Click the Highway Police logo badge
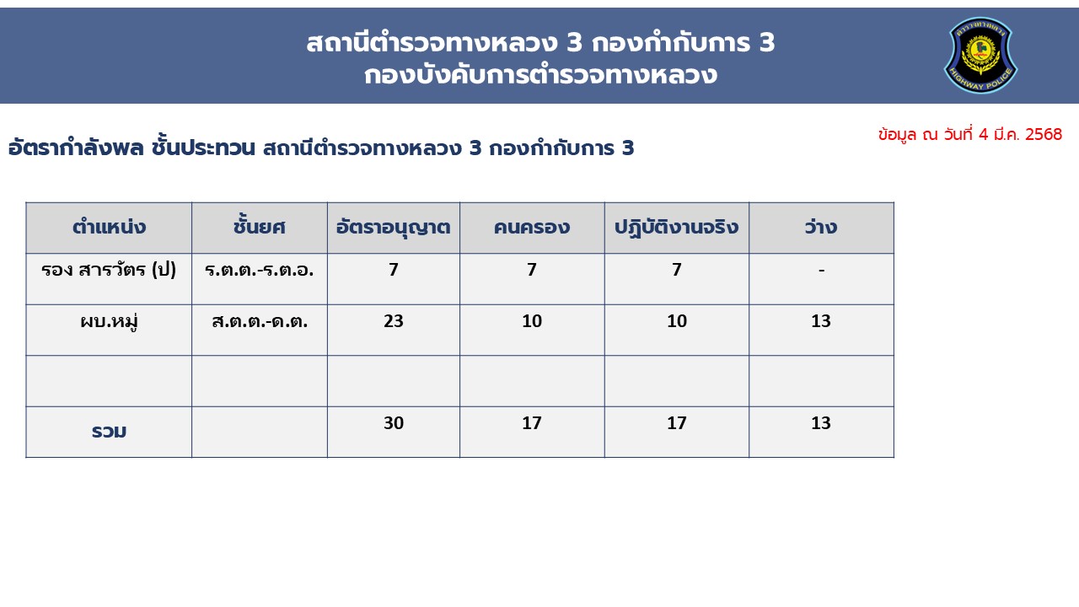980,55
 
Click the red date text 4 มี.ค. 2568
1020,134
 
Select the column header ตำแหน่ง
109,227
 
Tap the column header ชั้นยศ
259,226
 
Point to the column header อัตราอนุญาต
393,228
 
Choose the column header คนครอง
532,227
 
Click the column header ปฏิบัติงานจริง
676,228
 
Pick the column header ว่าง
821,227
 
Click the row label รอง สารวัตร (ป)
109,269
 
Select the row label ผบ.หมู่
109,321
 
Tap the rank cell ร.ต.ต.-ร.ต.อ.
259,270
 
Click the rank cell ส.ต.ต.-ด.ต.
260,321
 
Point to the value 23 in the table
394,321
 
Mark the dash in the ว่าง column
821,271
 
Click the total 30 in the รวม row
394,422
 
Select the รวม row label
109,431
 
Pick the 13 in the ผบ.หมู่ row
821,321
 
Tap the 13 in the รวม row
821,422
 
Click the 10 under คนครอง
532,321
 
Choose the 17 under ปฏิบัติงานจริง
676,422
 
